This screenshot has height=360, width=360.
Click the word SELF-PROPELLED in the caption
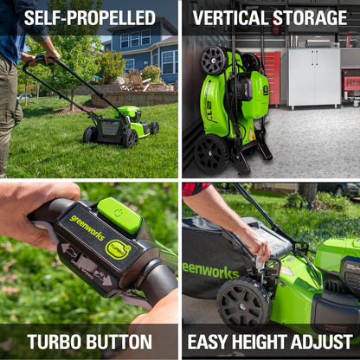pos(90,18)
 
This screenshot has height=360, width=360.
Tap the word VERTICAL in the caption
pos(231,18)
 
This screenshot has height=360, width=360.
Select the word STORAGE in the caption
pos(310,18)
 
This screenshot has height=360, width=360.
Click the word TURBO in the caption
pos(55,342)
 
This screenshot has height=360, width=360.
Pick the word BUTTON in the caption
pos(119,342)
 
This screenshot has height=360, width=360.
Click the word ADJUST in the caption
pos(322,342)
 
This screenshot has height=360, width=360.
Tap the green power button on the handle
pos(119,215)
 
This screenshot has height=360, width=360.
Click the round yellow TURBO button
pos(118,249)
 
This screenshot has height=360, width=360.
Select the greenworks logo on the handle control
pos(87,228)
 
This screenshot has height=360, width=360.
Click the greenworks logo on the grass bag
pos(211,271)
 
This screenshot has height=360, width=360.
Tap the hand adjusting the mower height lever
pos(256,243)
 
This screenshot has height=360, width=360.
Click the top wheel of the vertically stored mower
pos(215,61)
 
